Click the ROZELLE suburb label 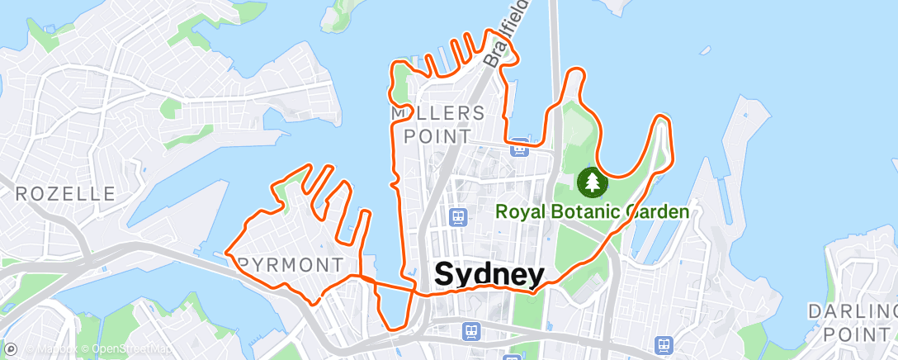pos(65,195)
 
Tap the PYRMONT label pos(291,265)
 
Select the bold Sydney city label pos(489,275)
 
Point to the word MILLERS pos(437,112)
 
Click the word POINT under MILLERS pos(437,135)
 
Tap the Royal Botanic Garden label pos(592,211)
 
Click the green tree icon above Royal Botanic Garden pos(591,181)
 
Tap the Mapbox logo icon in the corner pos(11,349)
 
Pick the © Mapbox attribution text pos(52,349)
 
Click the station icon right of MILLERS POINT pos(519,149)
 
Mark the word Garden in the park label pos(657,211)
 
